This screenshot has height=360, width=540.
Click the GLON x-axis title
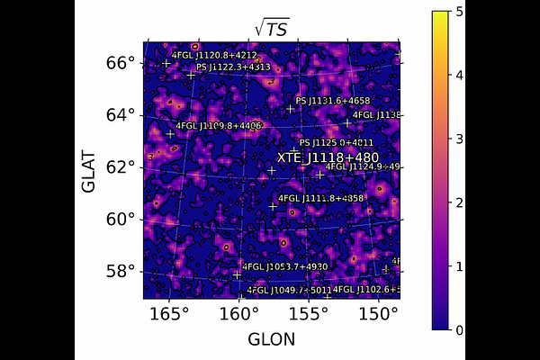pyautogui.click(x=270, y=339)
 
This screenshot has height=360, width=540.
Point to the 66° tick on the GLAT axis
pyautogui.click(x=121, y=62)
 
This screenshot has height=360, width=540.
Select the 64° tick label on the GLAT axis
pyautogui.click(x=121, y=114)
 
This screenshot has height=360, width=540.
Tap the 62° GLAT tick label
pyautogui.click(x=121, y=166)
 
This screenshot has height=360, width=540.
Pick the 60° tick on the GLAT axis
pyautogui.click(x=121, y=219)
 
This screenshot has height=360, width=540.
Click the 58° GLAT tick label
pyautogui.click(x=121, y=271)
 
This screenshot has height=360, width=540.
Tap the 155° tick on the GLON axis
pyautogui.click(x=309, y=313)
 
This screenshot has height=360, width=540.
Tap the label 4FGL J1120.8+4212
pyautogui.click(x=214, y=56)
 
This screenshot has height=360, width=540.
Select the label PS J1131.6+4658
pyautogui.click(x=333, y=101)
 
